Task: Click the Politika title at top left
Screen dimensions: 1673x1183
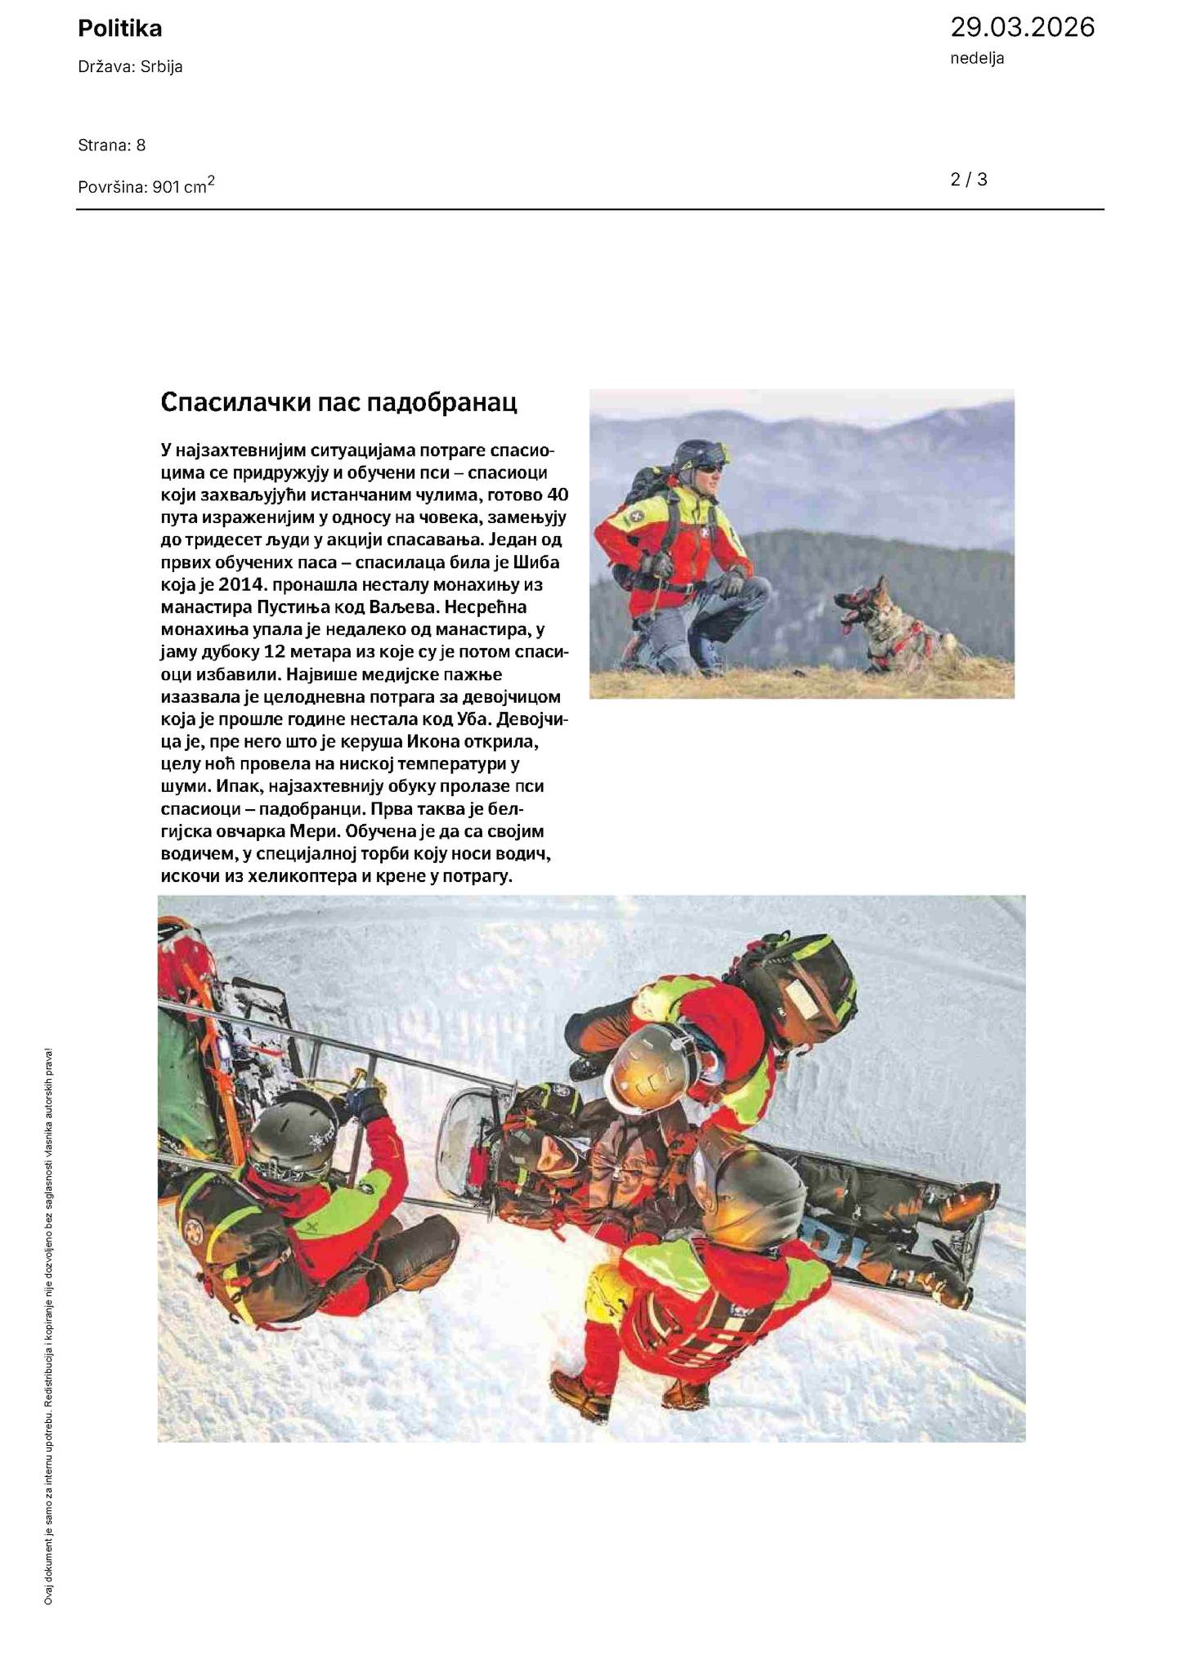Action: tap(120, 29)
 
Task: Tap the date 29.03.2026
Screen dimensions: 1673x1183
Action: tap(1021, 28)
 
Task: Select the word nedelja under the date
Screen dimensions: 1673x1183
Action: tap(977, 58)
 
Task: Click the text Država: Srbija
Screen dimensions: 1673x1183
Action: tap(130, 67)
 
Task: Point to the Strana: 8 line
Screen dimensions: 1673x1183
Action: tap(112, 145)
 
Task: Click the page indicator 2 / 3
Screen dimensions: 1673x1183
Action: tap(969, 180)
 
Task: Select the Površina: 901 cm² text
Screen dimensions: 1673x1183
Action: tap(146, 186)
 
